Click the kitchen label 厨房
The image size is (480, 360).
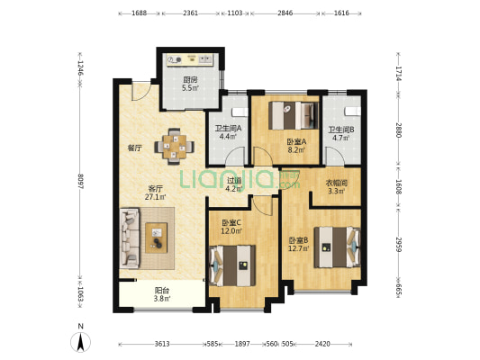(190, 80)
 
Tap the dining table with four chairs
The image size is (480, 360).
(174, 147)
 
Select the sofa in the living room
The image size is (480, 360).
(130, 238)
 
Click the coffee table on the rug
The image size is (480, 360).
(156, 238)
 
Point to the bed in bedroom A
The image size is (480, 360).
(294, 115)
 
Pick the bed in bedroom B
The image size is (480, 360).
(337, 247)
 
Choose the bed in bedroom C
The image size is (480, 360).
(232, 265)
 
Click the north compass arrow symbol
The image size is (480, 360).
(80, 342)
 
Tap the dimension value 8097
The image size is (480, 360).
(80, 182)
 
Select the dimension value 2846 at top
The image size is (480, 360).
(285, 13)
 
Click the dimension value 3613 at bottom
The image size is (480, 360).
(162, 344)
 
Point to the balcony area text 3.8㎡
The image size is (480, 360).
(162, 299)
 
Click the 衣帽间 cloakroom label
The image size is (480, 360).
(336, 184)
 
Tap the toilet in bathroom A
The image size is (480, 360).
(240, 112)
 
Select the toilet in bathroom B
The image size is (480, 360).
(353, 112)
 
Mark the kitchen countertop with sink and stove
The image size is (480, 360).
(189, 59)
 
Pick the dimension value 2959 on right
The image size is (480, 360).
(399, 244)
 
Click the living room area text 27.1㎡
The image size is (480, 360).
(155, 197)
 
